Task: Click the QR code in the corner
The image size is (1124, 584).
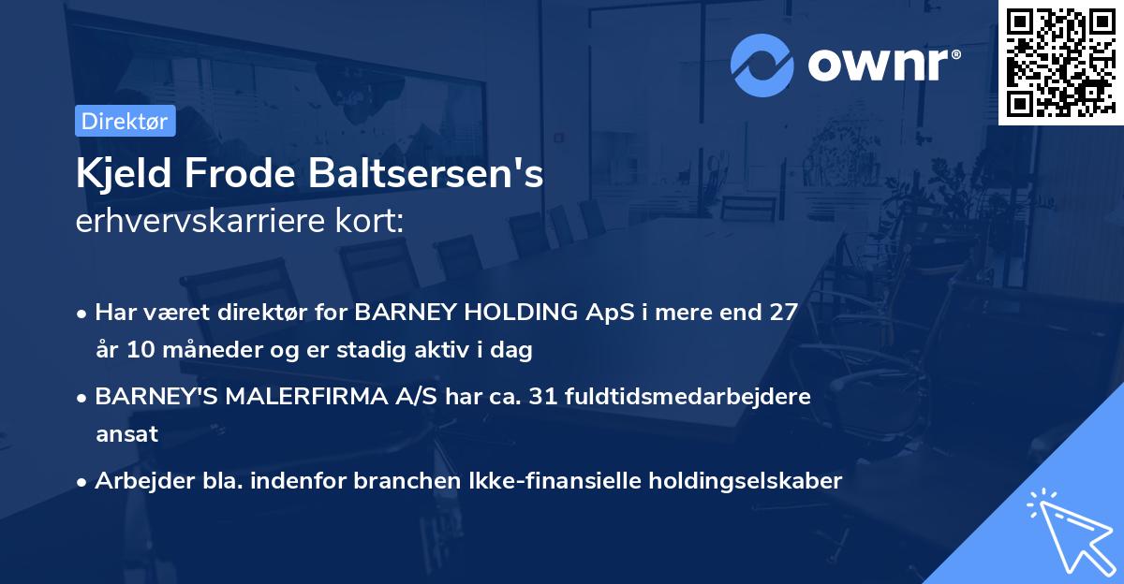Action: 1060,62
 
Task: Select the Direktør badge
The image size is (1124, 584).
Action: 125,121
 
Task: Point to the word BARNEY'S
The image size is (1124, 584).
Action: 156,397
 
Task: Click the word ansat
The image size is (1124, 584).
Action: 126,434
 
